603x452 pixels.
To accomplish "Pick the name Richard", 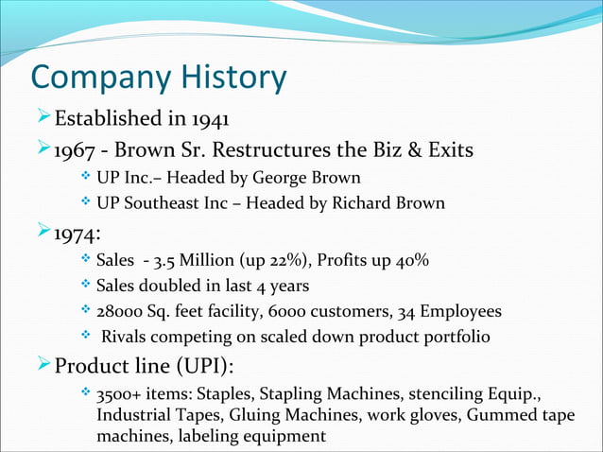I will (x=345, y=202).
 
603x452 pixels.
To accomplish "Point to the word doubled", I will (x=171, y=286).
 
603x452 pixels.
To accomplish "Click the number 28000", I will (x=120, y=310).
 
